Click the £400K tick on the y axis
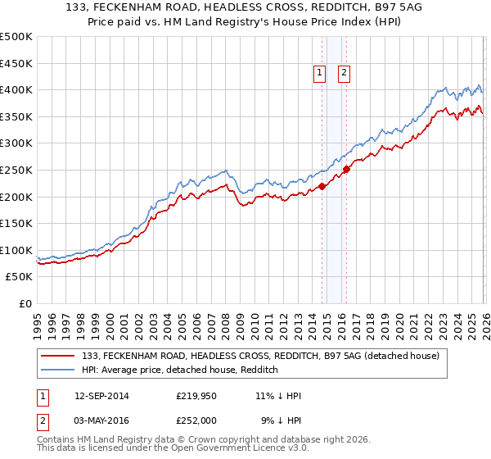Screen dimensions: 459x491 pyautogui.click(x=16, y=90)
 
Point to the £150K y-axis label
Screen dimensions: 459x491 pyautogui.click(x=16, y=224)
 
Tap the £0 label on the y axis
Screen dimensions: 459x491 pyautogui.click(x=25, y=304)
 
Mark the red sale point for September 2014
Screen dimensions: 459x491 pyautogui.click(x=322, y=186)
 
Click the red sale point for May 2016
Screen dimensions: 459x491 pyautogui.click(x=346, y=170)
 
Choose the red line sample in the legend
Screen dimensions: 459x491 pyautogui.click(x=58, y=357)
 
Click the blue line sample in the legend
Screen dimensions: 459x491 pyautogui.click(x=58, y=370)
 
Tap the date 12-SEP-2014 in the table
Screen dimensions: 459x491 pyautogui.click(x=101, y=396)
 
